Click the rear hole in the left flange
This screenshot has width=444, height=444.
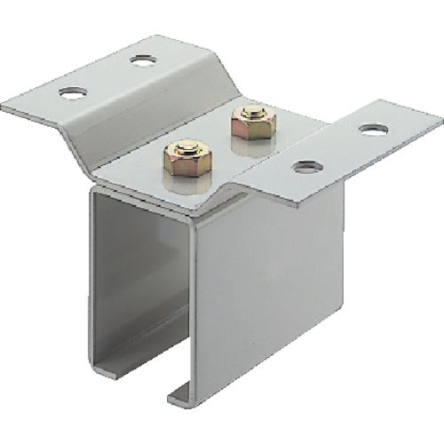click(142, 60)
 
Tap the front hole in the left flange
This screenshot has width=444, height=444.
click(72, 91)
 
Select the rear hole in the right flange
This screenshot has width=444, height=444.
click(373, 130)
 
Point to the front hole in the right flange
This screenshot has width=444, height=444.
click(306, 166)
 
